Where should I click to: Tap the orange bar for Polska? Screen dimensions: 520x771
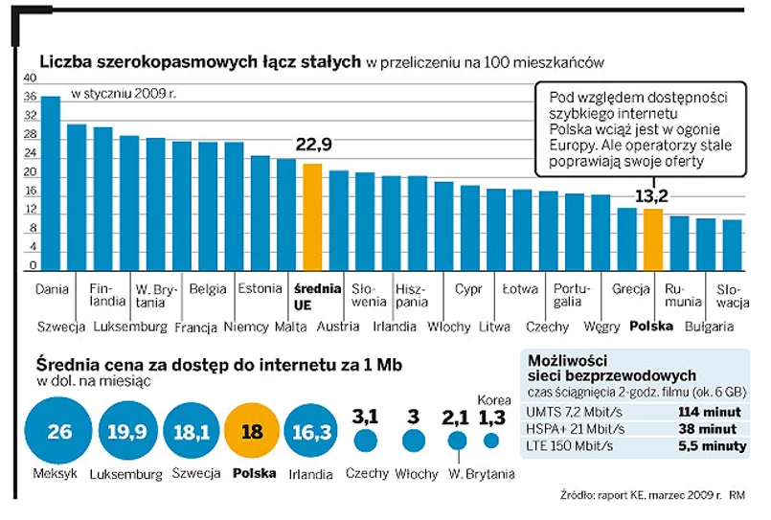coord(652,240)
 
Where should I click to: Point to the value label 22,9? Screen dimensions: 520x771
coord(312,146)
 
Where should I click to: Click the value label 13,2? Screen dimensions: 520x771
coord(651,195)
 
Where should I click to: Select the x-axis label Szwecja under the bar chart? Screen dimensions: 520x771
coord(61,327)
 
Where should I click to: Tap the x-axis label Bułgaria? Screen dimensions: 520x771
coord(707,327)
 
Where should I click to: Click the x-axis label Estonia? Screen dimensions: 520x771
coord(260,288)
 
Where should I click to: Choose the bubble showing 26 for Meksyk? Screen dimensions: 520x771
coord(59,431)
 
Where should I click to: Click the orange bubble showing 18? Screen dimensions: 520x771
coord(254,431)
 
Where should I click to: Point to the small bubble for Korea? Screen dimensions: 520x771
coord(491,441)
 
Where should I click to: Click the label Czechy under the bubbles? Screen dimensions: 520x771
coord(366,473)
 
